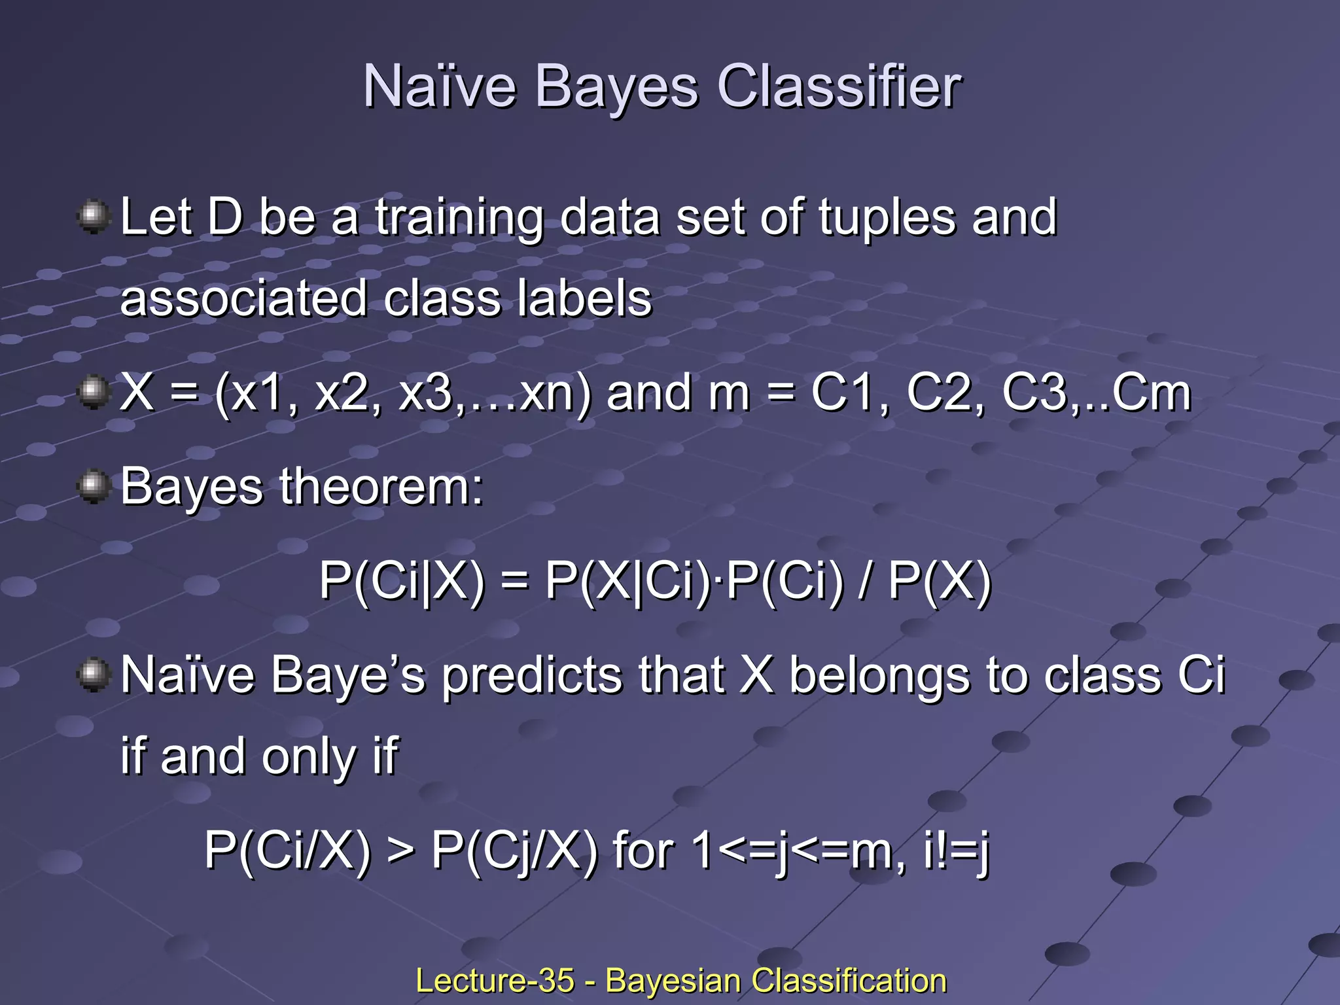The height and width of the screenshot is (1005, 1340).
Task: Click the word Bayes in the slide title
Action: (x=616, y=88)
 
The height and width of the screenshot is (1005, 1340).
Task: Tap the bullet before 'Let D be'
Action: (x=94, y=217)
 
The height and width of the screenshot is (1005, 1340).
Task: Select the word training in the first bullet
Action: (x=459, y=219)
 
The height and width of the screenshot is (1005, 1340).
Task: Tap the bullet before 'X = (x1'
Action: (x=94, y=392)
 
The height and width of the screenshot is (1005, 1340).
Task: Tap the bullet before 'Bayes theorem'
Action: (x=94, y=486)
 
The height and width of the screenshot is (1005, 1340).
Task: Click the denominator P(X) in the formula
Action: (x=940, y=581)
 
